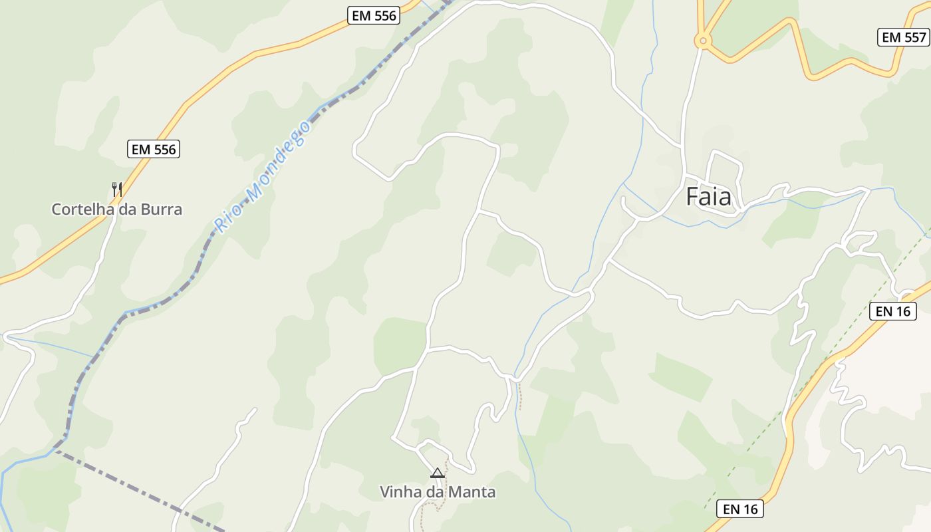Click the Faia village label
click(708, 197)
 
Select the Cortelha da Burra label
click(116, 209)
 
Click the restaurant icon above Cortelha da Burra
click(116, 190)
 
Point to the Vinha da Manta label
click(438, 492)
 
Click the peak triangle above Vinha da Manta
click(437, 473)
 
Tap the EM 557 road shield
click(903, 37)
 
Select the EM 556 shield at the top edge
click(374, 16)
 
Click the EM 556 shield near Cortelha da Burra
click(154, 149)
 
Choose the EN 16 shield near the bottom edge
click(741, 509)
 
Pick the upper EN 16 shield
click(893, 311)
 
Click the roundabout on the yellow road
click(702, 41)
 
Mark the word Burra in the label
click(160, 209)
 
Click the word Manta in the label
click(473, 492)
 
